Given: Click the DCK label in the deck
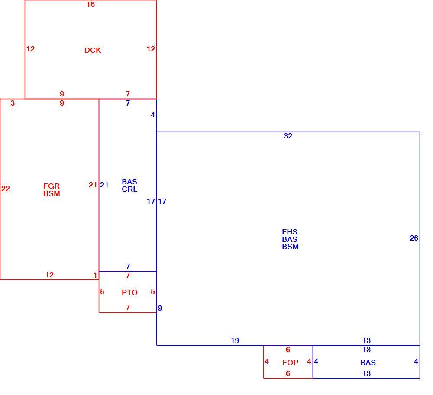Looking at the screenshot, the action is (93, 50).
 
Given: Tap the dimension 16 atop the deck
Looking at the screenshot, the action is (90, 4).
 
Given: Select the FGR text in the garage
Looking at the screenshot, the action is (52, 186).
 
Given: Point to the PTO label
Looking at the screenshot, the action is (129, 292).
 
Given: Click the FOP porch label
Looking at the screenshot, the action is (290, 363).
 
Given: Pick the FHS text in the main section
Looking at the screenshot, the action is (290, 232).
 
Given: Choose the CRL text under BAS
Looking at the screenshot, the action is (129, 189).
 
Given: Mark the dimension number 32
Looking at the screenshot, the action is (288, 136).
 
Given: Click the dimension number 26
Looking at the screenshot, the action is (414, 238).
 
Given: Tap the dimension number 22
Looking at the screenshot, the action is (6, 189).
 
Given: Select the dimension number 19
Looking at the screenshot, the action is (235, 340).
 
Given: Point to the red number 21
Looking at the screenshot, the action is (93, 185).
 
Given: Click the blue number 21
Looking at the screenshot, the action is (104, 185).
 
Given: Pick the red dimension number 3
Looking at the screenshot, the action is (13, 103).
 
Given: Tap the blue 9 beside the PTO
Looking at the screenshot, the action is (160, 308).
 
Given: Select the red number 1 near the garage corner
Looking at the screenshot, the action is (95, 275).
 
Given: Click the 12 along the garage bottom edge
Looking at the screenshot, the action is (49, 275).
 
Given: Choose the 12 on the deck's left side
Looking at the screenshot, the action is (30, 49).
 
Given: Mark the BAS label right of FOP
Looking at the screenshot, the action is (368, 363).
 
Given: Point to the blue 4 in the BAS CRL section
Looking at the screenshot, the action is (153, 115).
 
